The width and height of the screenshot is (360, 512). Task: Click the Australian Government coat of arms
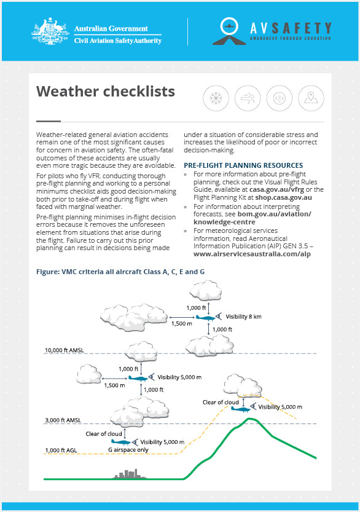50,31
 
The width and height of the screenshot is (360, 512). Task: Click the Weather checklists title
106,91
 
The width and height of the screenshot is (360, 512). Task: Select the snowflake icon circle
216,98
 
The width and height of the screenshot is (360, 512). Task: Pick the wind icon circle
248,98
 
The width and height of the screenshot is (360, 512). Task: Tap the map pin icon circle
311,98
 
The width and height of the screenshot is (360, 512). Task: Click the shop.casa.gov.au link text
283,197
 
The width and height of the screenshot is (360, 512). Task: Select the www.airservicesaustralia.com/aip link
252,254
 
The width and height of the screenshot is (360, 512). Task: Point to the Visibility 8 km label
243,317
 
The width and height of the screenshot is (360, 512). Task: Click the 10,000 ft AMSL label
65,350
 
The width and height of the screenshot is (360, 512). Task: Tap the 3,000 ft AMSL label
63,420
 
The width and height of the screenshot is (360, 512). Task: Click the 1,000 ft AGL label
61,451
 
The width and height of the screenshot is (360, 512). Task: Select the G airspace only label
128,450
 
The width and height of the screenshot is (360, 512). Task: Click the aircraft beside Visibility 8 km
206,317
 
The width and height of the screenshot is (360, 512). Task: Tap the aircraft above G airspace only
121,443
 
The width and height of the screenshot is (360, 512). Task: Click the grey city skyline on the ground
130,474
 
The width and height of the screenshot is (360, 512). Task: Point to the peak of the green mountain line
249,419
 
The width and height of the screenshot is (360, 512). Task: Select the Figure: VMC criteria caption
120,272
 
